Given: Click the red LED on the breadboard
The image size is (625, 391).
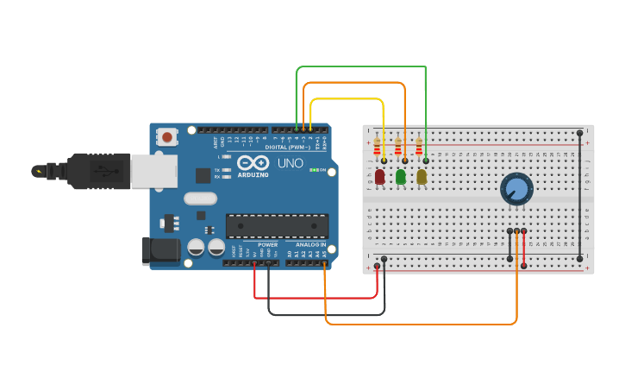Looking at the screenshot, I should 380,176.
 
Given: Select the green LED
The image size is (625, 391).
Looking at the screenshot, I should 401,176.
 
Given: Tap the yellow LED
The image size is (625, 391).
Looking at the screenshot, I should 422,176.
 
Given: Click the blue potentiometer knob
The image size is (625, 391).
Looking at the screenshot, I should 516,188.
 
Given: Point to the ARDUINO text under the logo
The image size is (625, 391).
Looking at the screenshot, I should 253,174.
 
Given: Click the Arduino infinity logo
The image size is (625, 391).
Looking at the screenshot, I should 253,163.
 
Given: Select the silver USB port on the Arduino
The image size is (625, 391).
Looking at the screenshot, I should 153,171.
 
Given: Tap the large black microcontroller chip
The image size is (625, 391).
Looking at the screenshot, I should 277,226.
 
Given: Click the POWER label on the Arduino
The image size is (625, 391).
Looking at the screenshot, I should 267,244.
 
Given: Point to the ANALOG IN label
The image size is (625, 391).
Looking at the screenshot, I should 311,244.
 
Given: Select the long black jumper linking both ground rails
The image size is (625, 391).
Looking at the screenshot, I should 580,195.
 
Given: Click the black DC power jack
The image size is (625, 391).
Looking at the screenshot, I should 159,250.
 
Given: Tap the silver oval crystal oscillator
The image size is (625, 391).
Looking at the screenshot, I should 200,199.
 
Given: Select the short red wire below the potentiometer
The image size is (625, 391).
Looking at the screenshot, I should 524,245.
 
